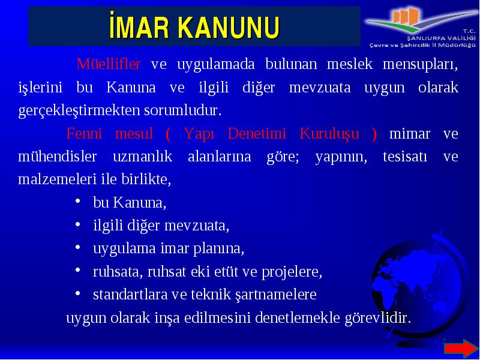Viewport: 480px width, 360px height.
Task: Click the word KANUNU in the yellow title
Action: pyautogui.click(x=229, y=28)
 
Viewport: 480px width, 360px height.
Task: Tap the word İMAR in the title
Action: pyautogui.click(x=139, y=26)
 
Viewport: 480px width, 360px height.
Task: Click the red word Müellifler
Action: pyautogui.click(x=109, y=64)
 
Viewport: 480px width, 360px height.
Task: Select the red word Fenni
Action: pyautogui.click(x=84, y=133)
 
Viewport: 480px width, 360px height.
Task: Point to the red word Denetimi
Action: pyautogui.click(x=257, y=133)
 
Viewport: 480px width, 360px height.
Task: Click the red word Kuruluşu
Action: pyautogui.click(x=329, y=134)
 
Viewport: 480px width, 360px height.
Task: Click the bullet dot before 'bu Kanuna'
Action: pyautogui.click(x=78, y=202)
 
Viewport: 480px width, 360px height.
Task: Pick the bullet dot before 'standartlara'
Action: pyautogui.click(x=78, y=293)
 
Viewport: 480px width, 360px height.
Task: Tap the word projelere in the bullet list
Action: pyautogui.click(x=292, y=272)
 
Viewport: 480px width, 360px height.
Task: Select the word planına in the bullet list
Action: pyautogui.click(x=218, y=249)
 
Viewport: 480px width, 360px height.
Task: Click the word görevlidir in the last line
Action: pyautogui.click(x=378, y=319)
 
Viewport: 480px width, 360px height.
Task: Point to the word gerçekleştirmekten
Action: pyautogui.click(x=80, y=111)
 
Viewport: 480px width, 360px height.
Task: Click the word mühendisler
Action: pyautogui.click(x=58, y=157)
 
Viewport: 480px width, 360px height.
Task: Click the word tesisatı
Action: pyautogui.click(x=405, y=157)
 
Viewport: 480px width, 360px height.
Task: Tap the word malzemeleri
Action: pyautogui.click(x=58, y=179)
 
